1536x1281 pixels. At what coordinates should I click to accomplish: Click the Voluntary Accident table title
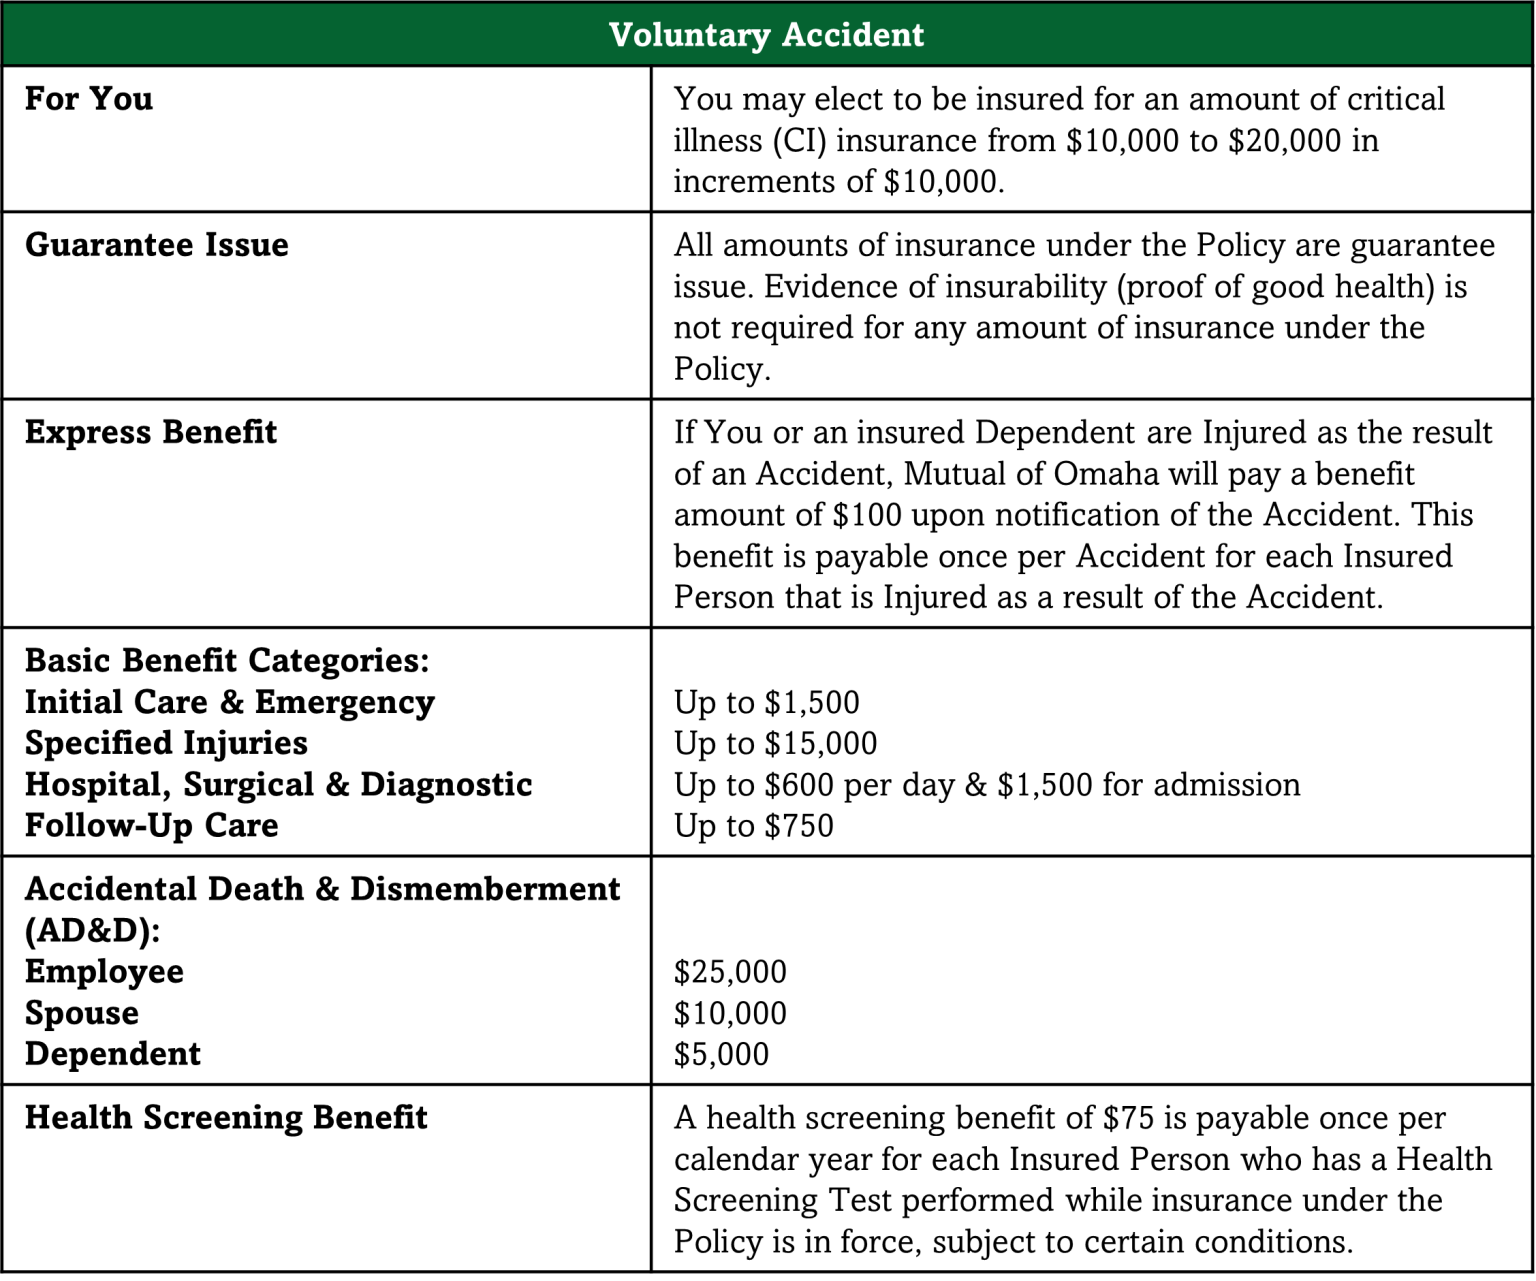click(x=766, y=35)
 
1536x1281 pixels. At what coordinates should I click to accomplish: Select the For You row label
click(x=89, y=99)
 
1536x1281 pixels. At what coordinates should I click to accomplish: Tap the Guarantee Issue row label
click(x=156, y=245)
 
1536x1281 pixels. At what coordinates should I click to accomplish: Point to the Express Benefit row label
click(x=150, y=432)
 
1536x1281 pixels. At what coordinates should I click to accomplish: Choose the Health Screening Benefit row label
click(x=226, y=1117)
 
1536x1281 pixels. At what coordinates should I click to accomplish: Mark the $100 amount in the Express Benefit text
click(x=867, y=515)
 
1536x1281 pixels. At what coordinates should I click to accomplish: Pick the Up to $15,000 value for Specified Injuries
click(x=775, y=744)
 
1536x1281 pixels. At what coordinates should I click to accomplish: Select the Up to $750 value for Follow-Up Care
click(x=753, y=826)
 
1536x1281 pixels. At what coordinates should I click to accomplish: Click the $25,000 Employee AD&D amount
click(x=730, y=972)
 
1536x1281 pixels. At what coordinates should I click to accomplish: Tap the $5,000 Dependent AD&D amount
click(x=721, y=1054)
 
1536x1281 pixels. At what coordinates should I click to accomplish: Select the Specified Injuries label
click(x=166, y=744)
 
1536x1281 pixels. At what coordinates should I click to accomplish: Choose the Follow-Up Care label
click(x=151, y=826)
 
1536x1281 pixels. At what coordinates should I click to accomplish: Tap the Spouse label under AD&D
click(x=82, y=1013)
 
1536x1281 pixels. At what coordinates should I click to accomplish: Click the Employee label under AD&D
click(x=104, y=972)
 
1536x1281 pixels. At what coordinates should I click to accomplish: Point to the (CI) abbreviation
click(x=799, y=140)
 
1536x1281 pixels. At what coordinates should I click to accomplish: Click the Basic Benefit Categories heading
click(x=227, y=661)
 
